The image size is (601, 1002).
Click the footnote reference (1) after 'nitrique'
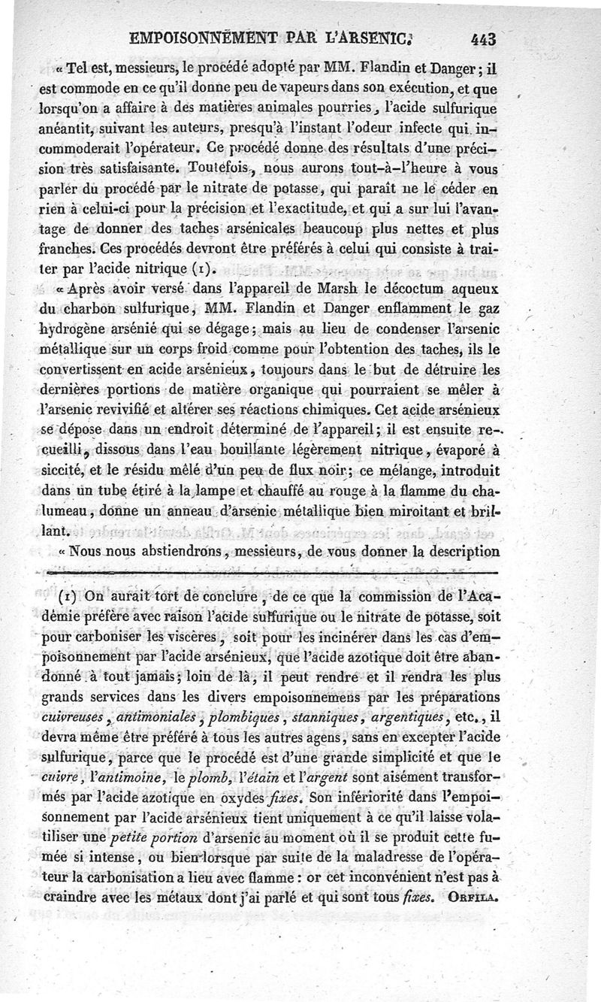[206, 269]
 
